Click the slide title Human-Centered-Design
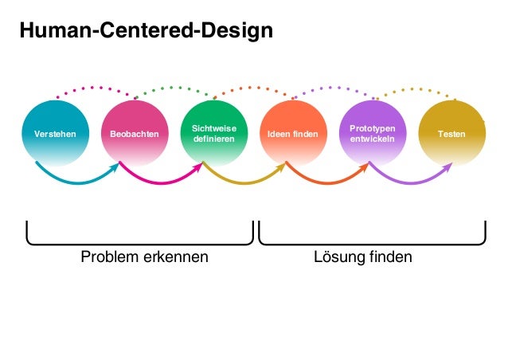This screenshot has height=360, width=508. tap(146, 31)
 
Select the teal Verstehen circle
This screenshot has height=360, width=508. tap(55, 133)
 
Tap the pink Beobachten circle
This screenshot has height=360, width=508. tap(135, 133)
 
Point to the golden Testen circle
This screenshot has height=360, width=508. tap(451, 133)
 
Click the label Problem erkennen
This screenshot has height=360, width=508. tap(144, 257)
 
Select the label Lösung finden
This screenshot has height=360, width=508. tap(363, 257)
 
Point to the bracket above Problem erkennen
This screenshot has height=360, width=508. tap(140, 241)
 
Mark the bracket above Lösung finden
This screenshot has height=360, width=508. tap(372, 241)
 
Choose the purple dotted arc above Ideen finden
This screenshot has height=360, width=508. tap(333, 88)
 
